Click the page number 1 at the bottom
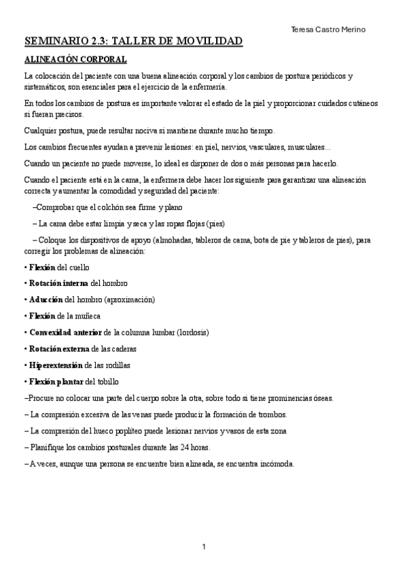(x=203, y=547)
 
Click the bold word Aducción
(x=46, y=299)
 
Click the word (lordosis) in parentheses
(x=192, y=332)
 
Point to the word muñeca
(x=94, y=316)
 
